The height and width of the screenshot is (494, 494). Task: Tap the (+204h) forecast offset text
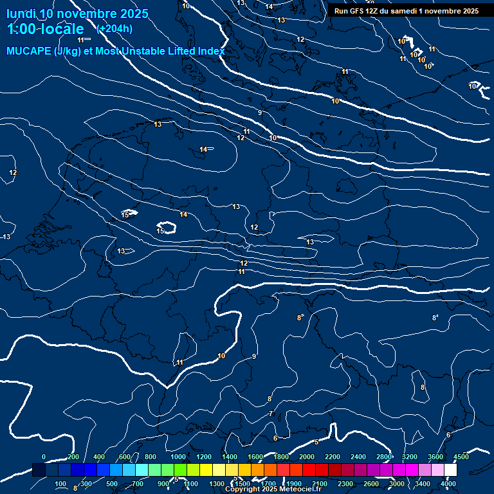(114, 28)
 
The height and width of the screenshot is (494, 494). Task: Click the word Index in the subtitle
(210, 51)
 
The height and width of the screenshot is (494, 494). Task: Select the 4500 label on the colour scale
(461, 457)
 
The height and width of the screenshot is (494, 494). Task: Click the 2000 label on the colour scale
(307, 457)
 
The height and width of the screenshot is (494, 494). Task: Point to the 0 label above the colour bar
(44, 457)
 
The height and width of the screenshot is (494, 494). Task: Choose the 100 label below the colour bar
(61, 484)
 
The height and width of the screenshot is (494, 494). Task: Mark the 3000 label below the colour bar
(397, 484)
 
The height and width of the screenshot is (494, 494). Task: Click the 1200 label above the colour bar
(204, 457)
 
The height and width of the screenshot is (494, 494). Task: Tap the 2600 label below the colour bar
(371, 484)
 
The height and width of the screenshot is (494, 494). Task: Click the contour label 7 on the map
(271, 414)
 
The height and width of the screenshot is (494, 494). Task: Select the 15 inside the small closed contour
(161, 230)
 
